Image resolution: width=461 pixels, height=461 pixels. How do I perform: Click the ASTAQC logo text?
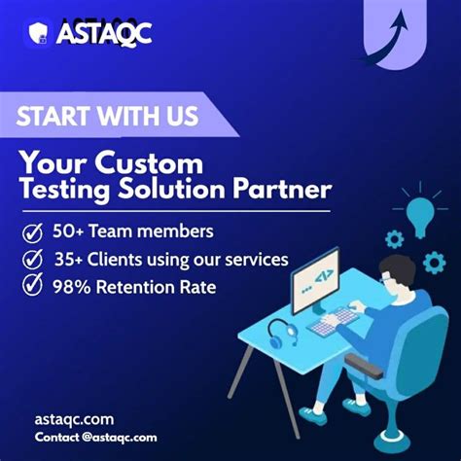tap(104, 34)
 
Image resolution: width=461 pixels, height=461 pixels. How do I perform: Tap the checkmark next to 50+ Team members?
tap(33, 232)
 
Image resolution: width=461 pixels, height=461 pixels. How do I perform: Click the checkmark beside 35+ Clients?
tap(33, 260)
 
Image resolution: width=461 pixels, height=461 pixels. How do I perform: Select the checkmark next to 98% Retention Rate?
tap(33, 287)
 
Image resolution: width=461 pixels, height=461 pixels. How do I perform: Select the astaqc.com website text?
tap(73, 419)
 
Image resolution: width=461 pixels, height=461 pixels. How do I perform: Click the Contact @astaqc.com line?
tap(95, 437)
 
